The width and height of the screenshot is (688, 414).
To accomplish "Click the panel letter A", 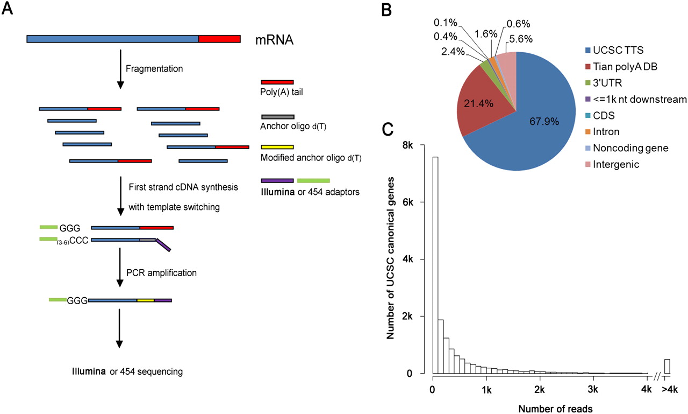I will click(x=8, y=10).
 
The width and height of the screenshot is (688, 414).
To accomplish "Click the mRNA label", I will click(x=274, y=40).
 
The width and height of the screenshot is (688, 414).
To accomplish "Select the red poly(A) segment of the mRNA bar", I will click(x=219, y=39).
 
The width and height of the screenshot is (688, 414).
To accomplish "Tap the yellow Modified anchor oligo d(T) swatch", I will click(x=277, y=146).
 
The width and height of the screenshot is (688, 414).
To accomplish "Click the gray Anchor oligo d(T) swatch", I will click(x=277, y=116).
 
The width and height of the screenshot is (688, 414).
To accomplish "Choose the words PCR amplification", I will click(x=163, y=273).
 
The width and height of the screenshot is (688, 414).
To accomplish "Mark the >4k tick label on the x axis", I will click(x=666, y=389).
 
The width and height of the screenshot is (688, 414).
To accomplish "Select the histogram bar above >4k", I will click(x=667, y=366).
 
